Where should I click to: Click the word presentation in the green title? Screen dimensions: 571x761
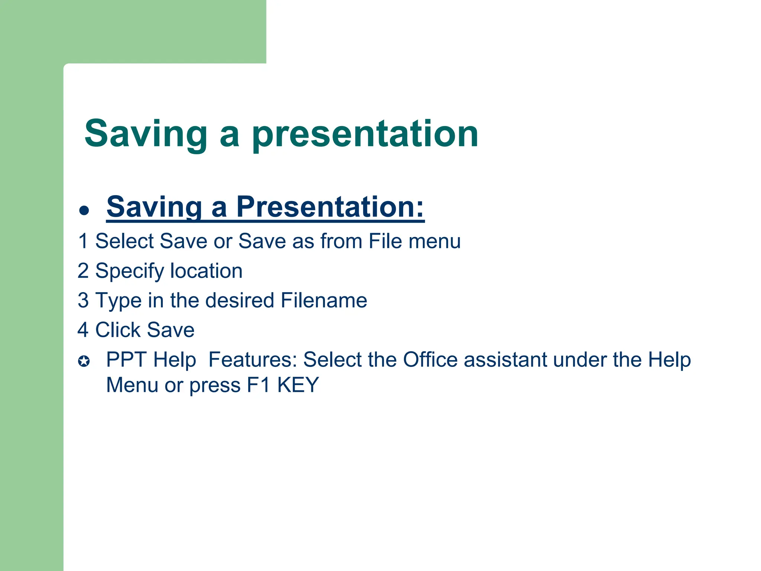click(x=365, y=135)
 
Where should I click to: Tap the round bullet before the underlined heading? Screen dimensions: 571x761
click(x=84, y=210)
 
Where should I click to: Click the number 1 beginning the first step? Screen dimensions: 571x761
click(x=83, y=241)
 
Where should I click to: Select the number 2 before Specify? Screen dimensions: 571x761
click(x=83, y=271)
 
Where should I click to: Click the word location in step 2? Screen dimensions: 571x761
click(x=206, y=271)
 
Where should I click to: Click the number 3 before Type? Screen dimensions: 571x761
click(x=83, y=300)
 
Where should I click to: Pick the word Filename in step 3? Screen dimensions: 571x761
click(x=324, y=300)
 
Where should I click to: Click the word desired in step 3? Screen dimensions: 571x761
click(x=239, y=300)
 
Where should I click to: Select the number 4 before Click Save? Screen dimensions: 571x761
click(x=83, y=330)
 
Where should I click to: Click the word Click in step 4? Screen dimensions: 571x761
click(x=118, y=330)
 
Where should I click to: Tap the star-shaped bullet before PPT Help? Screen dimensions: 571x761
click(x=84, y=361)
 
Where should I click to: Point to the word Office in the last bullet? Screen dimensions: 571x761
click(x=430, y=360)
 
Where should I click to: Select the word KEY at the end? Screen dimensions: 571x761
click(x=298, y=385)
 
